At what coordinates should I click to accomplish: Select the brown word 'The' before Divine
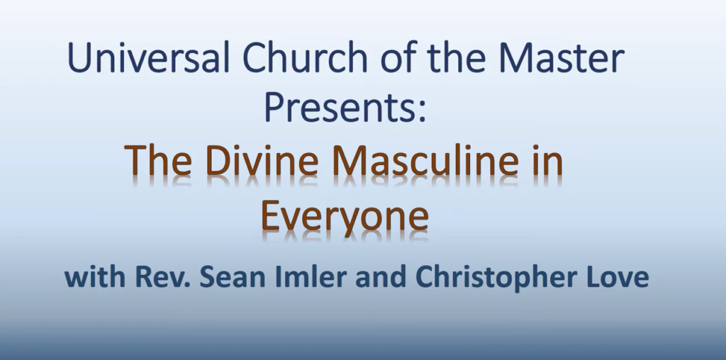pos(154,162)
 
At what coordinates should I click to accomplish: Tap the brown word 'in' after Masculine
pos(548,162)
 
